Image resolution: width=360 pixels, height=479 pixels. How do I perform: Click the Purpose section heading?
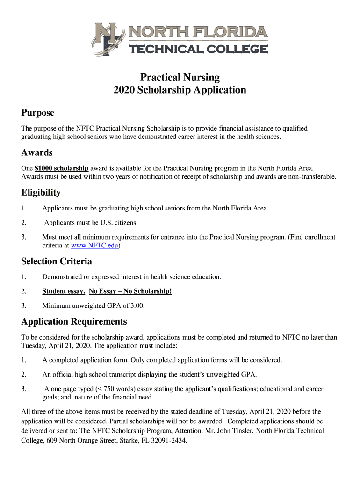pos(37,113)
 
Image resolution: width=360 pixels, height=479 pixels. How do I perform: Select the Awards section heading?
pos(37,152)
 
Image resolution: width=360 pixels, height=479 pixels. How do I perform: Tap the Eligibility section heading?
pos(41,192)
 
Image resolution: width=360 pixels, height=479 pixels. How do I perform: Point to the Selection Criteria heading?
pos(57,261)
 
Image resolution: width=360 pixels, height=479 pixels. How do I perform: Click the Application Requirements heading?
pos(74,321)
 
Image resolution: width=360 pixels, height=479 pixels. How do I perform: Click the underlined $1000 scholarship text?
pos(62,168)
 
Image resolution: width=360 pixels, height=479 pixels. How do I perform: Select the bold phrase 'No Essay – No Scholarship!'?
pos(130,291)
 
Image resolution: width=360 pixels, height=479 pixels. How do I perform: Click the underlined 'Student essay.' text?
pos(64,291)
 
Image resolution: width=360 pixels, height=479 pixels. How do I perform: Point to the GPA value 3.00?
pos(136,305)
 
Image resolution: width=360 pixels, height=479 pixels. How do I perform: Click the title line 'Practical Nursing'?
pos(180,77)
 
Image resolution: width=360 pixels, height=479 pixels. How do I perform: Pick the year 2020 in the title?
pos(124,90)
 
